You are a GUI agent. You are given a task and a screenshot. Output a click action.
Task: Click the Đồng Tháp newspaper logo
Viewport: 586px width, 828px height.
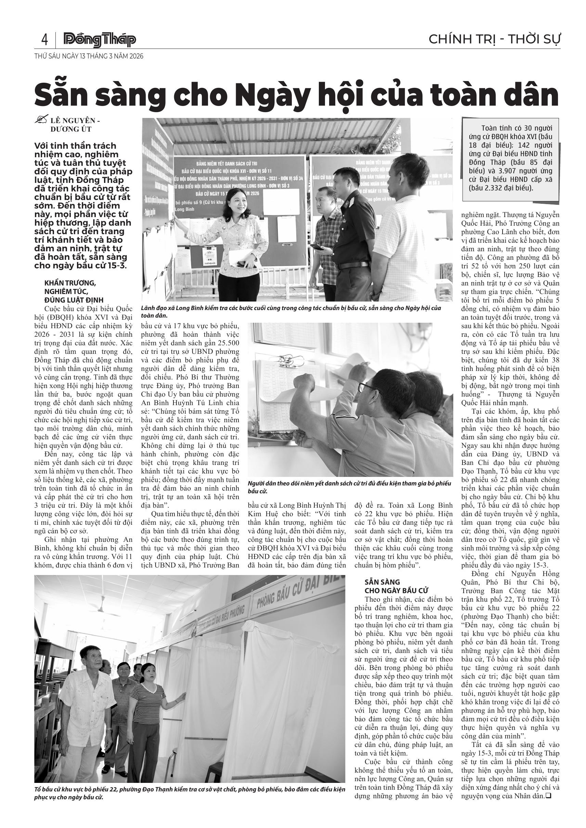click(100, 40)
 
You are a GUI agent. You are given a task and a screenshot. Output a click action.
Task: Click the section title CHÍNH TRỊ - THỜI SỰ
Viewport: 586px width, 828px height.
click(494, 39)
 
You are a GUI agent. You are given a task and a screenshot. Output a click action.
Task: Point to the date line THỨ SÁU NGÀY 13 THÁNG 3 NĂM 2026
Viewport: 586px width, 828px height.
click(89, 56)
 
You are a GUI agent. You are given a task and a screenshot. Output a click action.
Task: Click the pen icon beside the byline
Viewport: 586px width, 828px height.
click(41, 120)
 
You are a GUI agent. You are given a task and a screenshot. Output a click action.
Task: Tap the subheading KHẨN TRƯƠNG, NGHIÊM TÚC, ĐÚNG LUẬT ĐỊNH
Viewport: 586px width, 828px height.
click(74, 291)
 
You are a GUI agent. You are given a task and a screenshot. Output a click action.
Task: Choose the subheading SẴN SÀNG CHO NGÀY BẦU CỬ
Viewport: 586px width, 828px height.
click(396, 586)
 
